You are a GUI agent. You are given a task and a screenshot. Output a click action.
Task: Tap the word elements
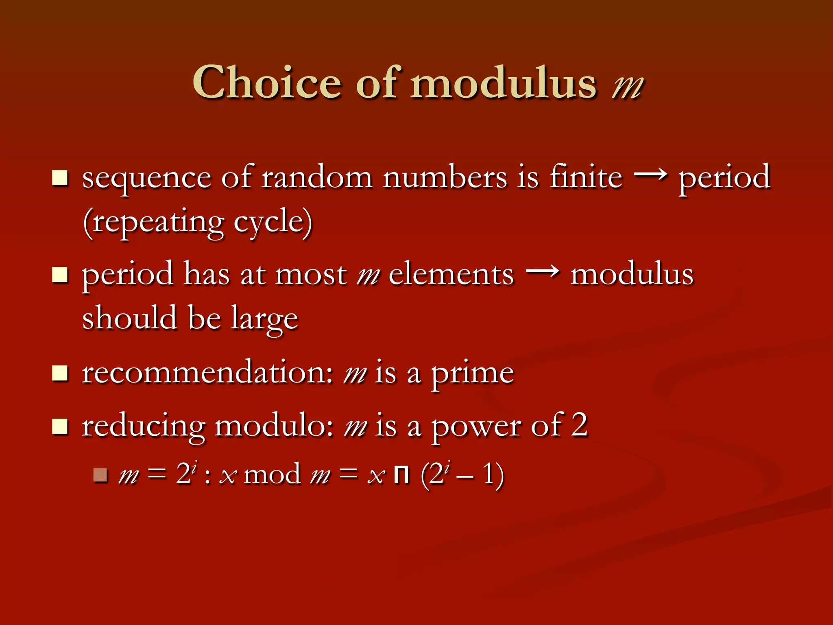pos(451,275)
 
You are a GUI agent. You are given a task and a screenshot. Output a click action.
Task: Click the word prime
pos(472,374)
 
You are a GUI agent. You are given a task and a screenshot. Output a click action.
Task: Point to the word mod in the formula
pos(272,474)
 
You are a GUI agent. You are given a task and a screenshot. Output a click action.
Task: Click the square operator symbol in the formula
pos(402,475)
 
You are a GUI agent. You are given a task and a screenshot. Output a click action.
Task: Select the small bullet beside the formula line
pos(100,475)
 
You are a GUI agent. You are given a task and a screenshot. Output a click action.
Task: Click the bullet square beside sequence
pos(60,178)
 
